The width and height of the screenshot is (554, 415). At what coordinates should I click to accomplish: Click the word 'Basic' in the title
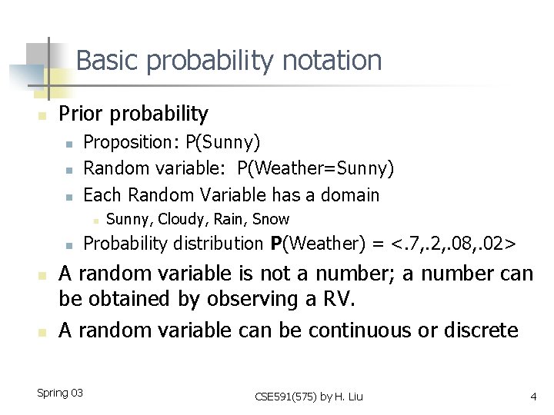coord(105,60)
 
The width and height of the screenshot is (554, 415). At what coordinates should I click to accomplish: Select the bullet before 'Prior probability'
coord(43,116)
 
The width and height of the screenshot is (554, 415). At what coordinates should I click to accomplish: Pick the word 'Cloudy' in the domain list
coord(182,219)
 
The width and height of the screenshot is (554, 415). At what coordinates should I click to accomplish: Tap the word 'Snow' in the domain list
coord(271,219)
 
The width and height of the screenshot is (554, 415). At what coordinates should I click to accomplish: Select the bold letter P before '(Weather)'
coord(276,244)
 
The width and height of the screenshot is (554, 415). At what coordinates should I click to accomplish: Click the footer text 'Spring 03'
coord(59,393)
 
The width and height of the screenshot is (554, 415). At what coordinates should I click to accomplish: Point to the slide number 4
coord(532,397)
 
